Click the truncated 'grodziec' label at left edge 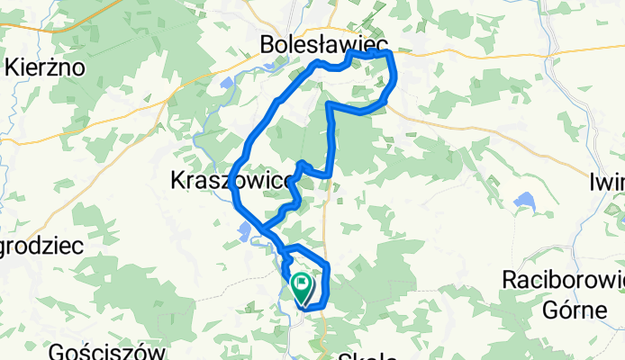pyautogui.click(x=41, y=246)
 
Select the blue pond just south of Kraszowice pyautogui.click(x=246, y=232)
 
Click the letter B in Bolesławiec pyautogui.click(x=267, y=43)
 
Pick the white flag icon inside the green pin pyautogui.click(x=301, y=285)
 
